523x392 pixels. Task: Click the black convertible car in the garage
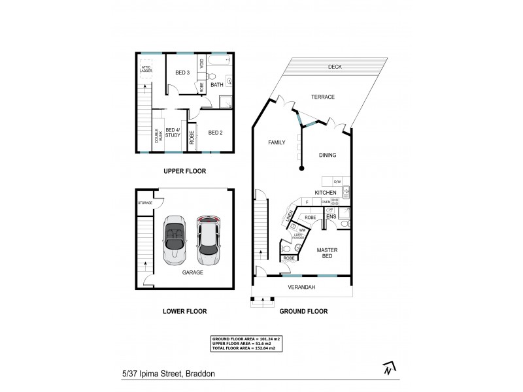175,239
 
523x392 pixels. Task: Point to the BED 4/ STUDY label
173,132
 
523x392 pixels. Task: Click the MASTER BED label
327,253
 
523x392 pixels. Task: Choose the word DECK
335,67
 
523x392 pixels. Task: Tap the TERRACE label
322,97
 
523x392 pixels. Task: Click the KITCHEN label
325,193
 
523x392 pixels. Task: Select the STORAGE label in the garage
144,203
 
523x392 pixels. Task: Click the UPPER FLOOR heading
184,171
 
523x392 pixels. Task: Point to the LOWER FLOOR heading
184,312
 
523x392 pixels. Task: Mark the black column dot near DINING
302,169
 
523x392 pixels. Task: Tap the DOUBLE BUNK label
157,135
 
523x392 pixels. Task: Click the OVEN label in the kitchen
325,203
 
